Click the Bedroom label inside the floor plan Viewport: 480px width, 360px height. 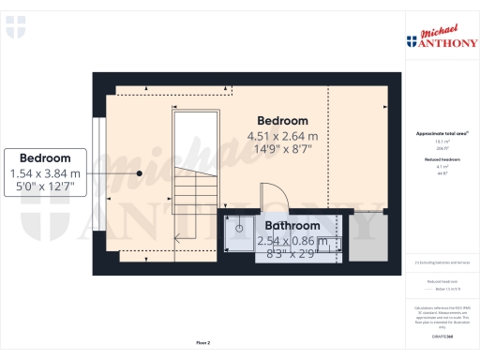click(282, 121)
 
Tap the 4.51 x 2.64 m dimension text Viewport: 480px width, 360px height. click(282, 137)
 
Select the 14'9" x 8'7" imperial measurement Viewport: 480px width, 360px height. click(282, 150)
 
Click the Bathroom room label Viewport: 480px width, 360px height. click(292, 226)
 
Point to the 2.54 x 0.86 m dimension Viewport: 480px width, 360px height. click(292, 240)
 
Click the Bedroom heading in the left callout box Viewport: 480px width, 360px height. click(45, 157)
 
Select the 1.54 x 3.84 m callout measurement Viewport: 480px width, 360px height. click(45, 173)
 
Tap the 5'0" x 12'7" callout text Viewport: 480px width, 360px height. click(45, 187)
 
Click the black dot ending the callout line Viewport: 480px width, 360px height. click(139, 172)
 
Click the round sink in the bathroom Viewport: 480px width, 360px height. click(240, 228)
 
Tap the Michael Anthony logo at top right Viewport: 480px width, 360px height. click(441, 37)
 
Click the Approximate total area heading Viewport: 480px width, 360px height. click(442, 134)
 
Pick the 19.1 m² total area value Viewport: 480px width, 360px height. click(442, 142)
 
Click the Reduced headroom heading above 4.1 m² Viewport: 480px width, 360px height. click(442, 160)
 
